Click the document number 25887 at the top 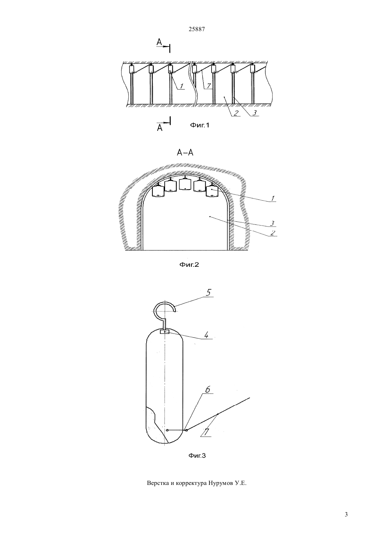(197, 29)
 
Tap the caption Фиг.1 (199, 125)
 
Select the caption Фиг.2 (189, 264)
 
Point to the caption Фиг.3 (197, 456)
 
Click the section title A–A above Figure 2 (185, 153)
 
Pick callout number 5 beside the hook (209, 293)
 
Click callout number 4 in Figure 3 (206, 335)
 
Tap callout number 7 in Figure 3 (206, 432)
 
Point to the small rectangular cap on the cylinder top (165, 331)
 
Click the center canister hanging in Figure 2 (185, 184)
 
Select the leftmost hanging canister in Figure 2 (158, 191)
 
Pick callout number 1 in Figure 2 (273, 198)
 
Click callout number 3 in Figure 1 (255, 113)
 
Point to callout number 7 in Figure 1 (209, 86)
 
